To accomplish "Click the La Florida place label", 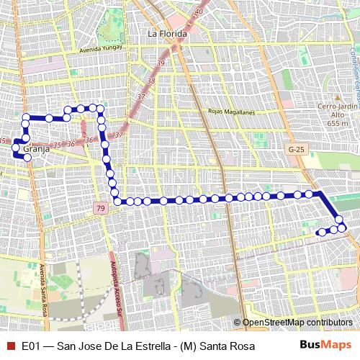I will [167, 33].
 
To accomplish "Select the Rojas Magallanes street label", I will [231, 112].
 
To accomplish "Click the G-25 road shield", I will [295, 149].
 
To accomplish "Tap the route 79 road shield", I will [99, 209].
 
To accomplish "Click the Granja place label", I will [36, 149].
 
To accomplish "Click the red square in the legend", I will [9, 346].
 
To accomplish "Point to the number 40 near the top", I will [199, 12].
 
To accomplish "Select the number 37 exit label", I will [140, 96].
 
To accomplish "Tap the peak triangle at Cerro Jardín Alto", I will [338, 96].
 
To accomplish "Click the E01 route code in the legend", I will [31, 346].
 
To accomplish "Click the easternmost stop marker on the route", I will [343, 228].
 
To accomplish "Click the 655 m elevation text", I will [338, 123].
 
